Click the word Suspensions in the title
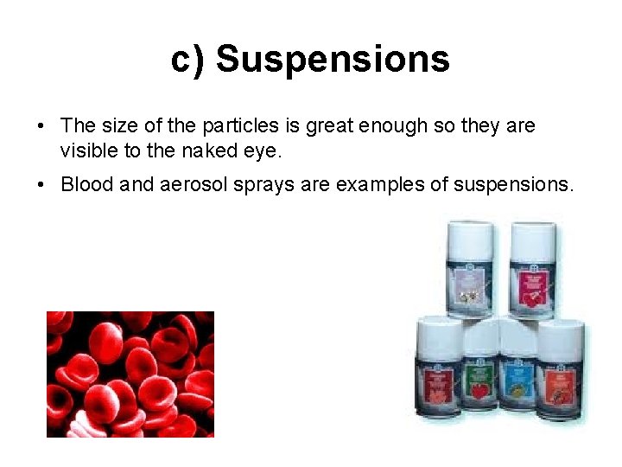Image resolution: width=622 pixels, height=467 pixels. (x=333, y=60)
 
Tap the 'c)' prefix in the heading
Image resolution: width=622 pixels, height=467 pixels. (x=188, y=60)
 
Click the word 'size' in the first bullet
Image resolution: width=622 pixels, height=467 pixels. (x=114, y=126)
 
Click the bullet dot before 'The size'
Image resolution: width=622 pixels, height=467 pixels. (x=41, y=127)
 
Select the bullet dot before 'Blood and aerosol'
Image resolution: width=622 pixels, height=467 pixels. (x=41, y=185)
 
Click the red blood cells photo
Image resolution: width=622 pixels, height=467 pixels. (x=130, y=374)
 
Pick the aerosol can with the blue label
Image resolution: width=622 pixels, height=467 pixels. (x=519, y=381)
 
